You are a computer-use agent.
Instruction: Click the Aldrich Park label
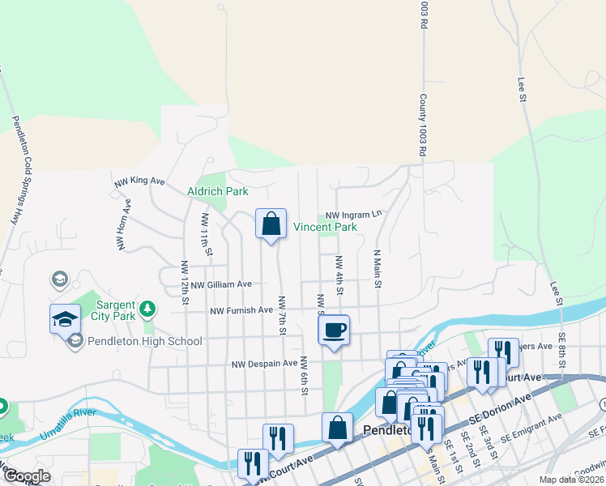217,191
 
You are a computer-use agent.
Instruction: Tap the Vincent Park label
325,228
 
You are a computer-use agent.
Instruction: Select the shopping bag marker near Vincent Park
271,224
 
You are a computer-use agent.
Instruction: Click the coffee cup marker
334,330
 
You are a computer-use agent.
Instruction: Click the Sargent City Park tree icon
147,308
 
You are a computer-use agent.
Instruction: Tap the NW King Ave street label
139,182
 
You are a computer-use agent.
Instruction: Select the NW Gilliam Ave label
217,283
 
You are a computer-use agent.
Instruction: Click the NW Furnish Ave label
241,310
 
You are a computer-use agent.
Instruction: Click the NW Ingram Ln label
353,215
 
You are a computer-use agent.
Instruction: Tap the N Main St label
377,269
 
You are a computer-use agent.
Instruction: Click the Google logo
27,476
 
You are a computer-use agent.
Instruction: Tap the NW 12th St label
185,283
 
